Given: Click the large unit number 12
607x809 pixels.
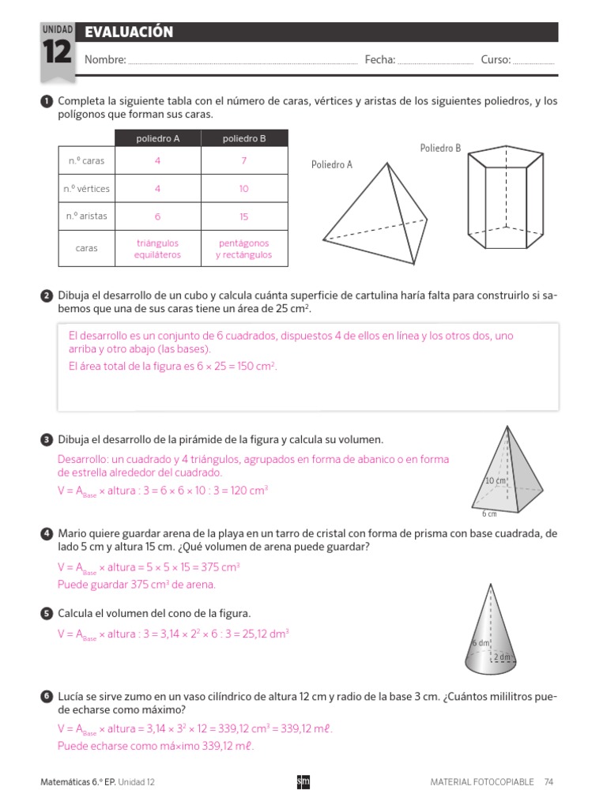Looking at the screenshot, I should (57, 55).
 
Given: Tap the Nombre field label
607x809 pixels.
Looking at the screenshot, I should (105, 59).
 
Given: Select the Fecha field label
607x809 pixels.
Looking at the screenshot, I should (380, 59).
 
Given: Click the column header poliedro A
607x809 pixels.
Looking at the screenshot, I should (157, 138).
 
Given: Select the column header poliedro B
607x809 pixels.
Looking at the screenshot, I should (244, 138).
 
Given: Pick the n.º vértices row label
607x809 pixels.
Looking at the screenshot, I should (87, 189).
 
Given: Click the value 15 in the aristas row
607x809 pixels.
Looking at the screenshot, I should (244, 216).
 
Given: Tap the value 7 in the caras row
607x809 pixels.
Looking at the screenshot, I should (244, 161).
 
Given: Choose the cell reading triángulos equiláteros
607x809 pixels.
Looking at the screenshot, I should (157, 249).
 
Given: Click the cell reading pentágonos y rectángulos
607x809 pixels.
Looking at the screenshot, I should (244, 249).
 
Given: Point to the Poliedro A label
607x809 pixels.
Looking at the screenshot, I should (332, 165).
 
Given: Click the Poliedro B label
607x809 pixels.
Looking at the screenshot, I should (440, 148).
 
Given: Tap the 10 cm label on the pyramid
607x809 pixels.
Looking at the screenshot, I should (495, 480).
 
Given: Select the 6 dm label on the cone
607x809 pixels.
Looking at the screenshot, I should (481, 643).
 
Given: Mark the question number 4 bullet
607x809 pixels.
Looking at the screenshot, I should (47, 535).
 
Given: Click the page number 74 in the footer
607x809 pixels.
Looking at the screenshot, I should (549, 781).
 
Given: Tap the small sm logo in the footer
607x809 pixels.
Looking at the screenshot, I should (303, 781).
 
